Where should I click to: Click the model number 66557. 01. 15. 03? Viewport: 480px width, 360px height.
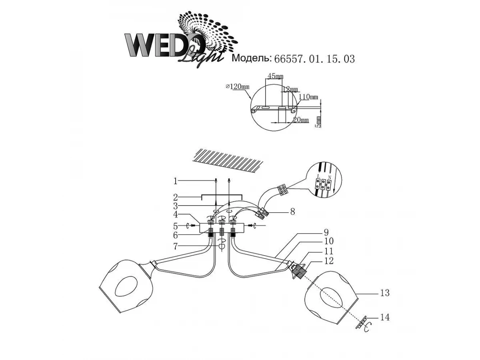click(314, 59)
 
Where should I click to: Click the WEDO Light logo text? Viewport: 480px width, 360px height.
click(168, 46)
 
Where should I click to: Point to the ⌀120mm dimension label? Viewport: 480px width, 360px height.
click(237, 86)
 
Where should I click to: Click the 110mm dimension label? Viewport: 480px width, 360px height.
click(308, 97)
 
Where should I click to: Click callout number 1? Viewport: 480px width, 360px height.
click(175, 181)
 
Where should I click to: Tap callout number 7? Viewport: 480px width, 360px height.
click(175, 246)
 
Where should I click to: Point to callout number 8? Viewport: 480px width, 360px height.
click(292, 212)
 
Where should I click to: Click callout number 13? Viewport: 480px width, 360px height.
click(384, 293)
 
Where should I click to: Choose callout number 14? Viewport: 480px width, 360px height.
click(384, 318)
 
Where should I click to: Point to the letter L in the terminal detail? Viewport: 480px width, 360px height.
click(318, 176)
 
